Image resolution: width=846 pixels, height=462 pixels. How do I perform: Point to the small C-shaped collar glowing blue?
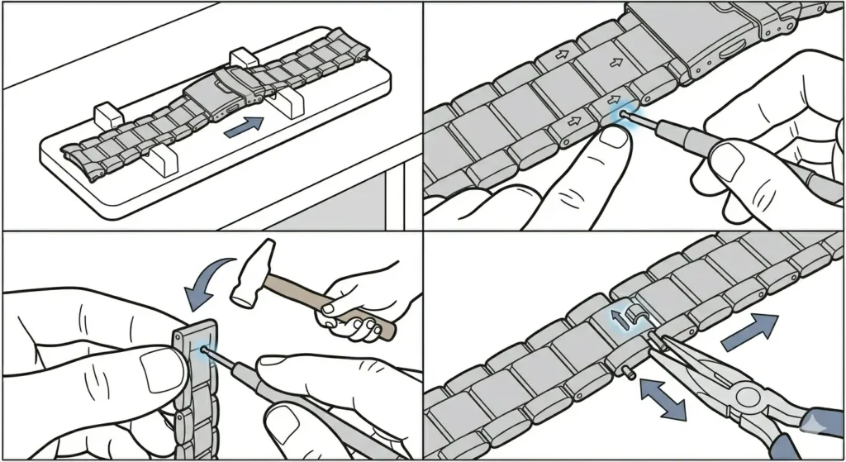[x=634, y=315]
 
